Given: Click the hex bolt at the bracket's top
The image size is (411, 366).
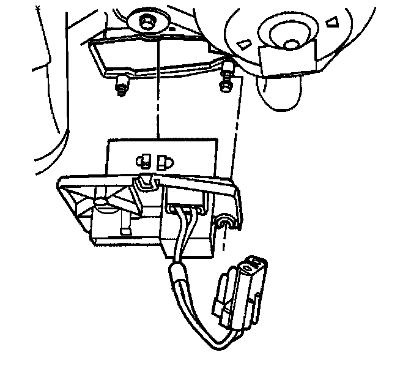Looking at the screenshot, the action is coord(147,23).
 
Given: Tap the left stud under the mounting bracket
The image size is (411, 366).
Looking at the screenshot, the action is coord(122,88).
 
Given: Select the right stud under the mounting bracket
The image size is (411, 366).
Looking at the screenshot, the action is coord(228,78).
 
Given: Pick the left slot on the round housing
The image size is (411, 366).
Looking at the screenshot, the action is coord(244,42).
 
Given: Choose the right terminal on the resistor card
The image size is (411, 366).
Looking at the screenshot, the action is coord(165,162).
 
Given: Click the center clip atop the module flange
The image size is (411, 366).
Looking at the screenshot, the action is coord(146,181).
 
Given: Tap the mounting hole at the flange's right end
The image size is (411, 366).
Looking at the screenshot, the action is coord(226,220).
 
